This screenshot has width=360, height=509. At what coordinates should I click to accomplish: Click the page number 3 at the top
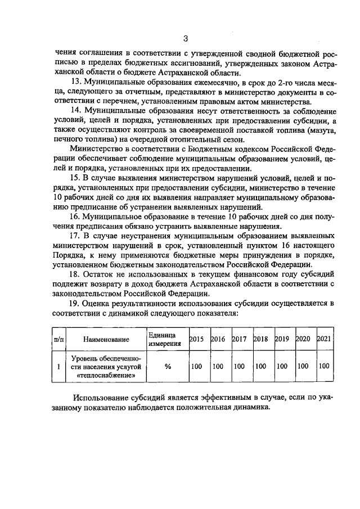click(184, 38)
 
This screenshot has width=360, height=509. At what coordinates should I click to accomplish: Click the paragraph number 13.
click(75, 82)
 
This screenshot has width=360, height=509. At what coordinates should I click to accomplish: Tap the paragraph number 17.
click(75, 236)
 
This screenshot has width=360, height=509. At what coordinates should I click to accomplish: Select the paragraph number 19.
click(75, 304)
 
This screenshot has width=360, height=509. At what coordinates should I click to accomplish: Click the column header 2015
click(196, 339)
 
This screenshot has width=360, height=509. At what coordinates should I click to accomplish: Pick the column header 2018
click(260, 339)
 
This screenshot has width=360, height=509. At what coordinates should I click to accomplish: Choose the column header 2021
click(324, 339)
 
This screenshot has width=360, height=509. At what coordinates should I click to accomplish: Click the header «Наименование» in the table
click(106, 339)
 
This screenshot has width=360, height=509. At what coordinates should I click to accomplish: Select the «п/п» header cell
click(58, 339)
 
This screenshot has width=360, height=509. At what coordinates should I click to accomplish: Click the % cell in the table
click(167, 366)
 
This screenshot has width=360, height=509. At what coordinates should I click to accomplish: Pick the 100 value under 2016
click(218, 366)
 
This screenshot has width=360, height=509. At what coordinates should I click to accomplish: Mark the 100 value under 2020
click(303, 366)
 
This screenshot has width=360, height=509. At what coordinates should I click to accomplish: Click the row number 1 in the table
click(58, 366)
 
